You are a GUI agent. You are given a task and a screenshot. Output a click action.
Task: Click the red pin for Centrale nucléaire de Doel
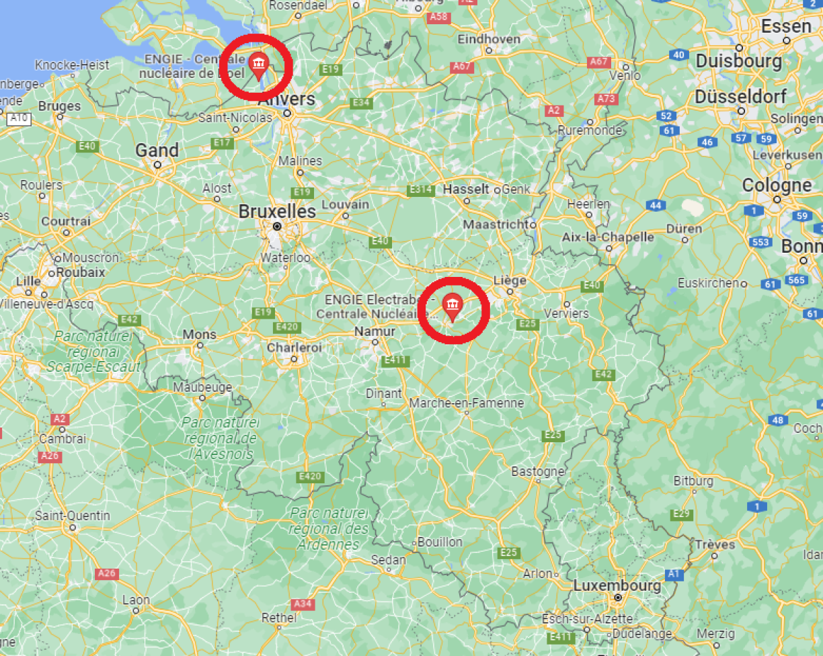point(258,65)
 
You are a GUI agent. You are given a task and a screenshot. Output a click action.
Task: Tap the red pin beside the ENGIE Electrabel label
point(452,306)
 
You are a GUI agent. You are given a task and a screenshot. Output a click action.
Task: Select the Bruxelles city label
point(277,211)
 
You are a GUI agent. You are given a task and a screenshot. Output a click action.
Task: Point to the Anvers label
point(286,99)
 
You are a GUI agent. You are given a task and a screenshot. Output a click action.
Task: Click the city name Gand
point(157,151)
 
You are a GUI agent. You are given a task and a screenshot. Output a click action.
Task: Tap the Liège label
point(510,280)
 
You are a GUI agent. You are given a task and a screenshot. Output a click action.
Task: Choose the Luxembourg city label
point(617,585)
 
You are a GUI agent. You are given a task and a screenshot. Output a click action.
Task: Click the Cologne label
point(777,185)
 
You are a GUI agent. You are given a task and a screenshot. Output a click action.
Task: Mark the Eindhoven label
point(489,39)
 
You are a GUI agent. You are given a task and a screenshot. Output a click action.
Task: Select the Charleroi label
point(295,347)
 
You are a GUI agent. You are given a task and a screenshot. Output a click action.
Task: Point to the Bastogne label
point(537,471)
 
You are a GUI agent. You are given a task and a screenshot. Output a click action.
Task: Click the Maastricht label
point(496,224)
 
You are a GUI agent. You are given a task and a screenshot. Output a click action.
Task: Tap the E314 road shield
point(420,190)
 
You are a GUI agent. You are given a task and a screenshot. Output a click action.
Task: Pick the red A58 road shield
point(438,16)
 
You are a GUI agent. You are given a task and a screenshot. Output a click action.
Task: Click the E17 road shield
point(222,143)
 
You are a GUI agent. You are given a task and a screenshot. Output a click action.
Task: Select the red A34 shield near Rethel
point(303,604)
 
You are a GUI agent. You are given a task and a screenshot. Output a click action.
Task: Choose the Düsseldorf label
point(740,97)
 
